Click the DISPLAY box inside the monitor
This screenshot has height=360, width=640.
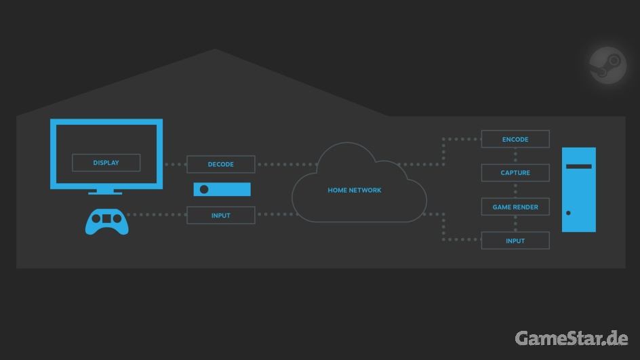click(x=106, y=163)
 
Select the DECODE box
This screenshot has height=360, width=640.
click(x=221, y=164)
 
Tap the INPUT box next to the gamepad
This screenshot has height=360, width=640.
click(x=221, y=216)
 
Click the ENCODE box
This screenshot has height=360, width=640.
click(x=515, y=140)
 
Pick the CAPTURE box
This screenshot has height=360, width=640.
click(x=515, y=173)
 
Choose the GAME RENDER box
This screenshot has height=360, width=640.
click(x=515, y=207)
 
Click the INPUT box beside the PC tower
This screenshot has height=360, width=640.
click(x=515, y=241)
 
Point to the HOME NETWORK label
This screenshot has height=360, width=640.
click(x=355, y=191)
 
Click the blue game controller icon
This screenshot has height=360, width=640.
click(x=106, y=220)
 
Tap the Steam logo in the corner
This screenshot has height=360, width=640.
click(x=607, y=66)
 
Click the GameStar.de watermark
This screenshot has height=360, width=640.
click(x=572, y=338)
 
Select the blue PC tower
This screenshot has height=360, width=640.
click(x=579, y=190)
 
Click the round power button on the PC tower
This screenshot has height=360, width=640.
click(x=568, y=214)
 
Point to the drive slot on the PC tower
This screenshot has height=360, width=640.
click(x=579, y=166)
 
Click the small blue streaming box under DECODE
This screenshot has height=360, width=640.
click(x=222, y=190)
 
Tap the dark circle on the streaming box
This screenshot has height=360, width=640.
click(x=204, y=190)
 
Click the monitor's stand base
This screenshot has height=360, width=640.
click(x=106, y=193)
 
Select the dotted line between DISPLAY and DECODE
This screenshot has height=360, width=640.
click(x=176, y=164)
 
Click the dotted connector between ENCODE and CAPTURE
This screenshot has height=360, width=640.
click(x=515, y=156)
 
